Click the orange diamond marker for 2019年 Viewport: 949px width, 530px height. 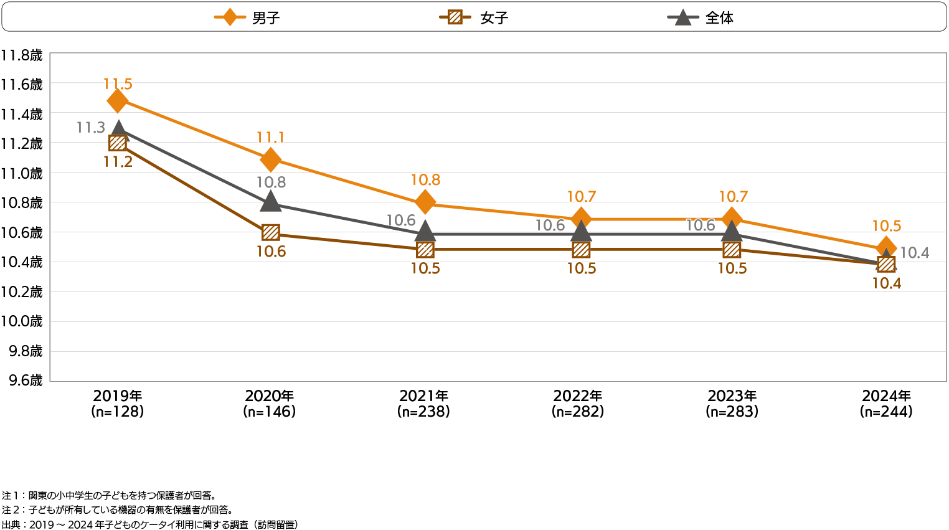point(117,101)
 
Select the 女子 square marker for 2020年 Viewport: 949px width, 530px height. point(270,233)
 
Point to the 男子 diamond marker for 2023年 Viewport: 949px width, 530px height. point(732,219)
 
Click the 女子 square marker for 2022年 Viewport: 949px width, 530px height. point(580,250)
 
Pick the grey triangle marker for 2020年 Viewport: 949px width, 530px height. point(270,201)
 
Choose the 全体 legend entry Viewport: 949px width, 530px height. point(701,17)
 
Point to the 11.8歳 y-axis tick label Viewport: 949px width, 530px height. point(22,55)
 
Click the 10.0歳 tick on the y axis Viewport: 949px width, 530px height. point(22,321)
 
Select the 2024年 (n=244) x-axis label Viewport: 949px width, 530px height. point(886,404)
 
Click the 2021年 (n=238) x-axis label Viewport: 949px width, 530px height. point(423,404)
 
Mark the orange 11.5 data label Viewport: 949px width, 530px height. point(118,84)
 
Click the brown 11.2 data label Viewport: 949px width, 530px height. point(118,162)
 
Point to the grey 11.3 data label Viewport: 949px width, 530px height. point(91,128)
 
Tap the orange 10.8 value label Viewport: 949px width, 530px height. point(425,180)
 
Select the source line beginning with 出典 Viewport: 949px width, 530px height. point(149,524)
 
